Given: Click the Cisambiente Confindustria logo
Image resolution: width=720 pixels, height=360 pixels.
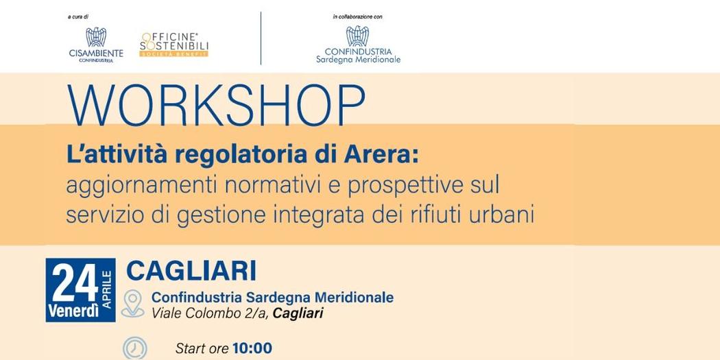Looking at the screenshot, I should click(x=96, y=45).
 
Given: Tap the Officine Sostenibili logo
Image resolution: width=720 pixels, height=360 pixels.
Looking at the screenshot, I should click(x=174, y=45).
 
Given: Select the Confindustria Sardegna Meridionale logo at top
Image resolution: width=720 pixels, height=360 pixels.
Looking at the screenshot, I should click(x=357, y=45).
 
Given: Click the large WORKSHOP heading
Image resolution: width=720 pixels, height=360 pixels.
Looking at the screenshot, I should click(x=216, y=107).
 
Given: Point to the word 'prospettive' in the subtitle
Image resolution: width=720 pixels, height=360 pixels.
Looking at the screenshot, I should click(x=384, y=185).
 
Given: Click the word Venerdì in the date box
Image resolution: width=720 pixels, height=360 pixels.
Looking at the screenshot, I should click(x=72, y=312).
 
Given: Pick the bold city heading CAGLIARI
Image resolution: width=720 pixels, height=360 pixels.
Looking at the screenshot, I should click(x=191, y=271).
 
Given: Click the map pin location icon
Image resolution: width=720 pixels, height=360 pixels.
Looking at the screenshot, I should click(x=133, y=304).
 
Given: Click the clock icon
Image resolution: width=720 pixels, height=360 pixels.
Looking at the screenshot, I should click(x=134, y=348).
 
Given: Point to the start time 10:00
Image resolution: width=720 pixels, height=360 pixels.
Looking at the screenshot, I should click(x=252, y=348).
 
